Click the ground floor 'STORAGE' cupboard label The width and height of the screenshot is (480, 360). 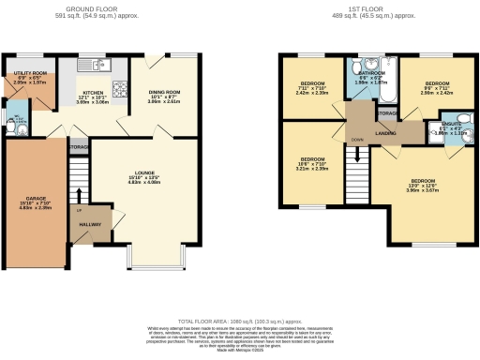tap(78, 147)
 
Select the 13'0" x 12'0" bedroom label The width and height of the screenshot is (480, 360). tap(421, 180)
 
